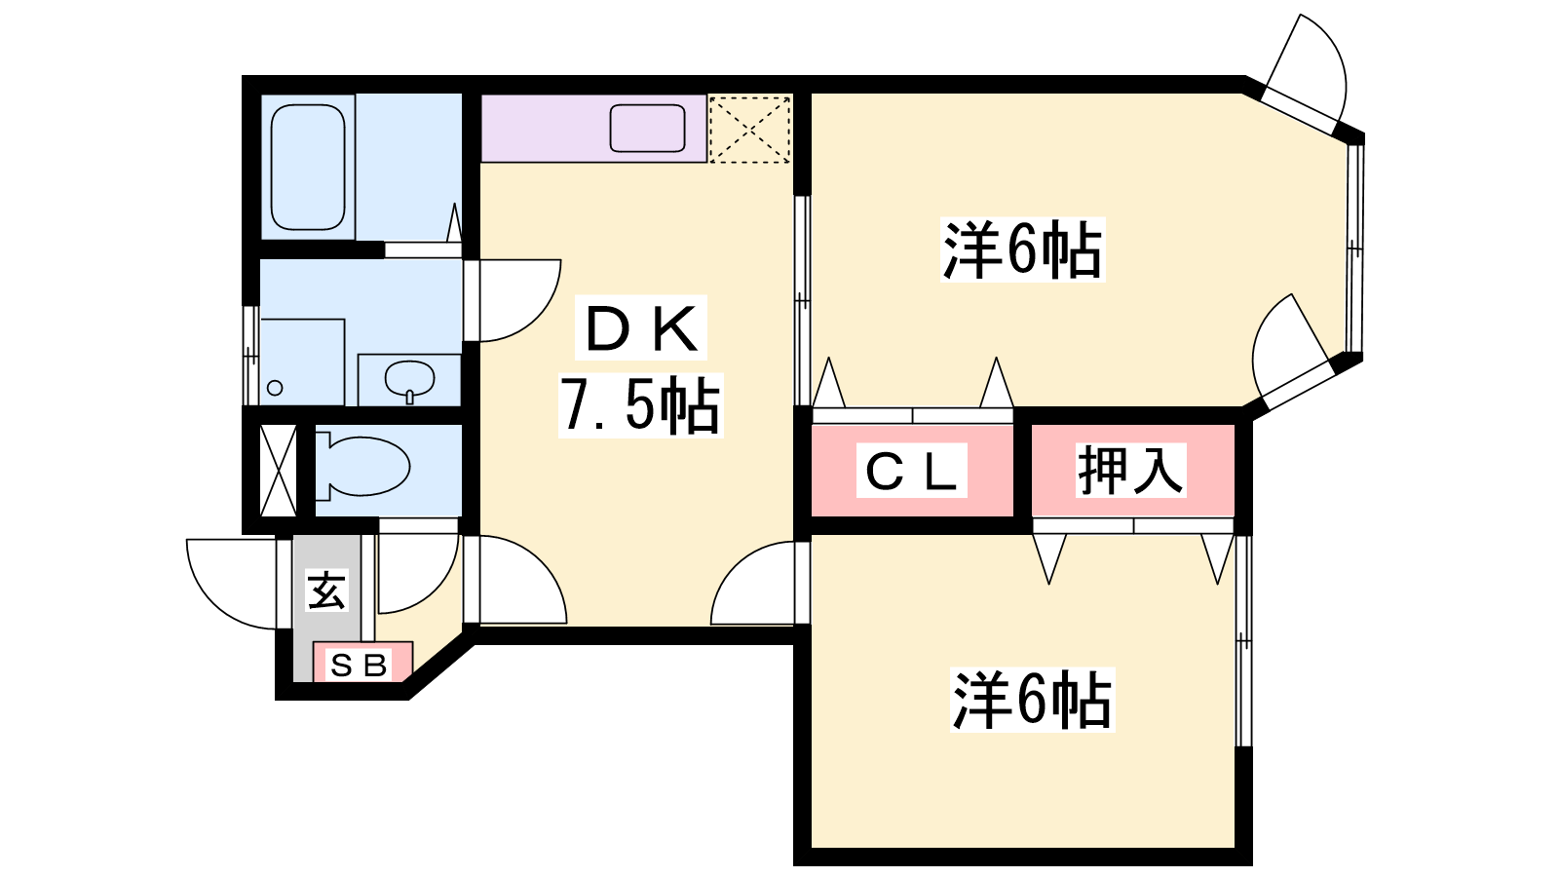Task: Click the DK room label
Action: point(641,328)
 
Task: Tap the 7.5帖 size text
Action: point(640,405)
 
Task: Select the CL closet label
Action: point(911,470)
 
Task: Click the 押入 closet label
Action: point(1130,470)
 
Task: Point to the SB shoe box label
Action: point(359,666)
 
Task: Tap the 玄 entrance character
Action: point(327,591)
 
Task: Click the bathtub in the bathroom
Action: point(308,167)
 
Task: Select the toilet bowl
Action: point(362,466)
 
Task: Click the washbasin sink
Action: point(410,380)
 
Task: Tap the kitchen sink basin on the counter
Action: point(647,128)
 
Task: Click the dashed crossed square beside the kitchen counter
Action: point(749,130)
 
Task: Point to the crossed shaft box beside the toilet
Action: point(278,471)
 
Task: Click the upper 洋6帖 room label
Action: point(1022,249)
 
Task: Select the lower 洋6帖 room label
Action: point(1032,700)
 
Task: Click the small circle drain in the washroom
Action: point(275,388)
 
